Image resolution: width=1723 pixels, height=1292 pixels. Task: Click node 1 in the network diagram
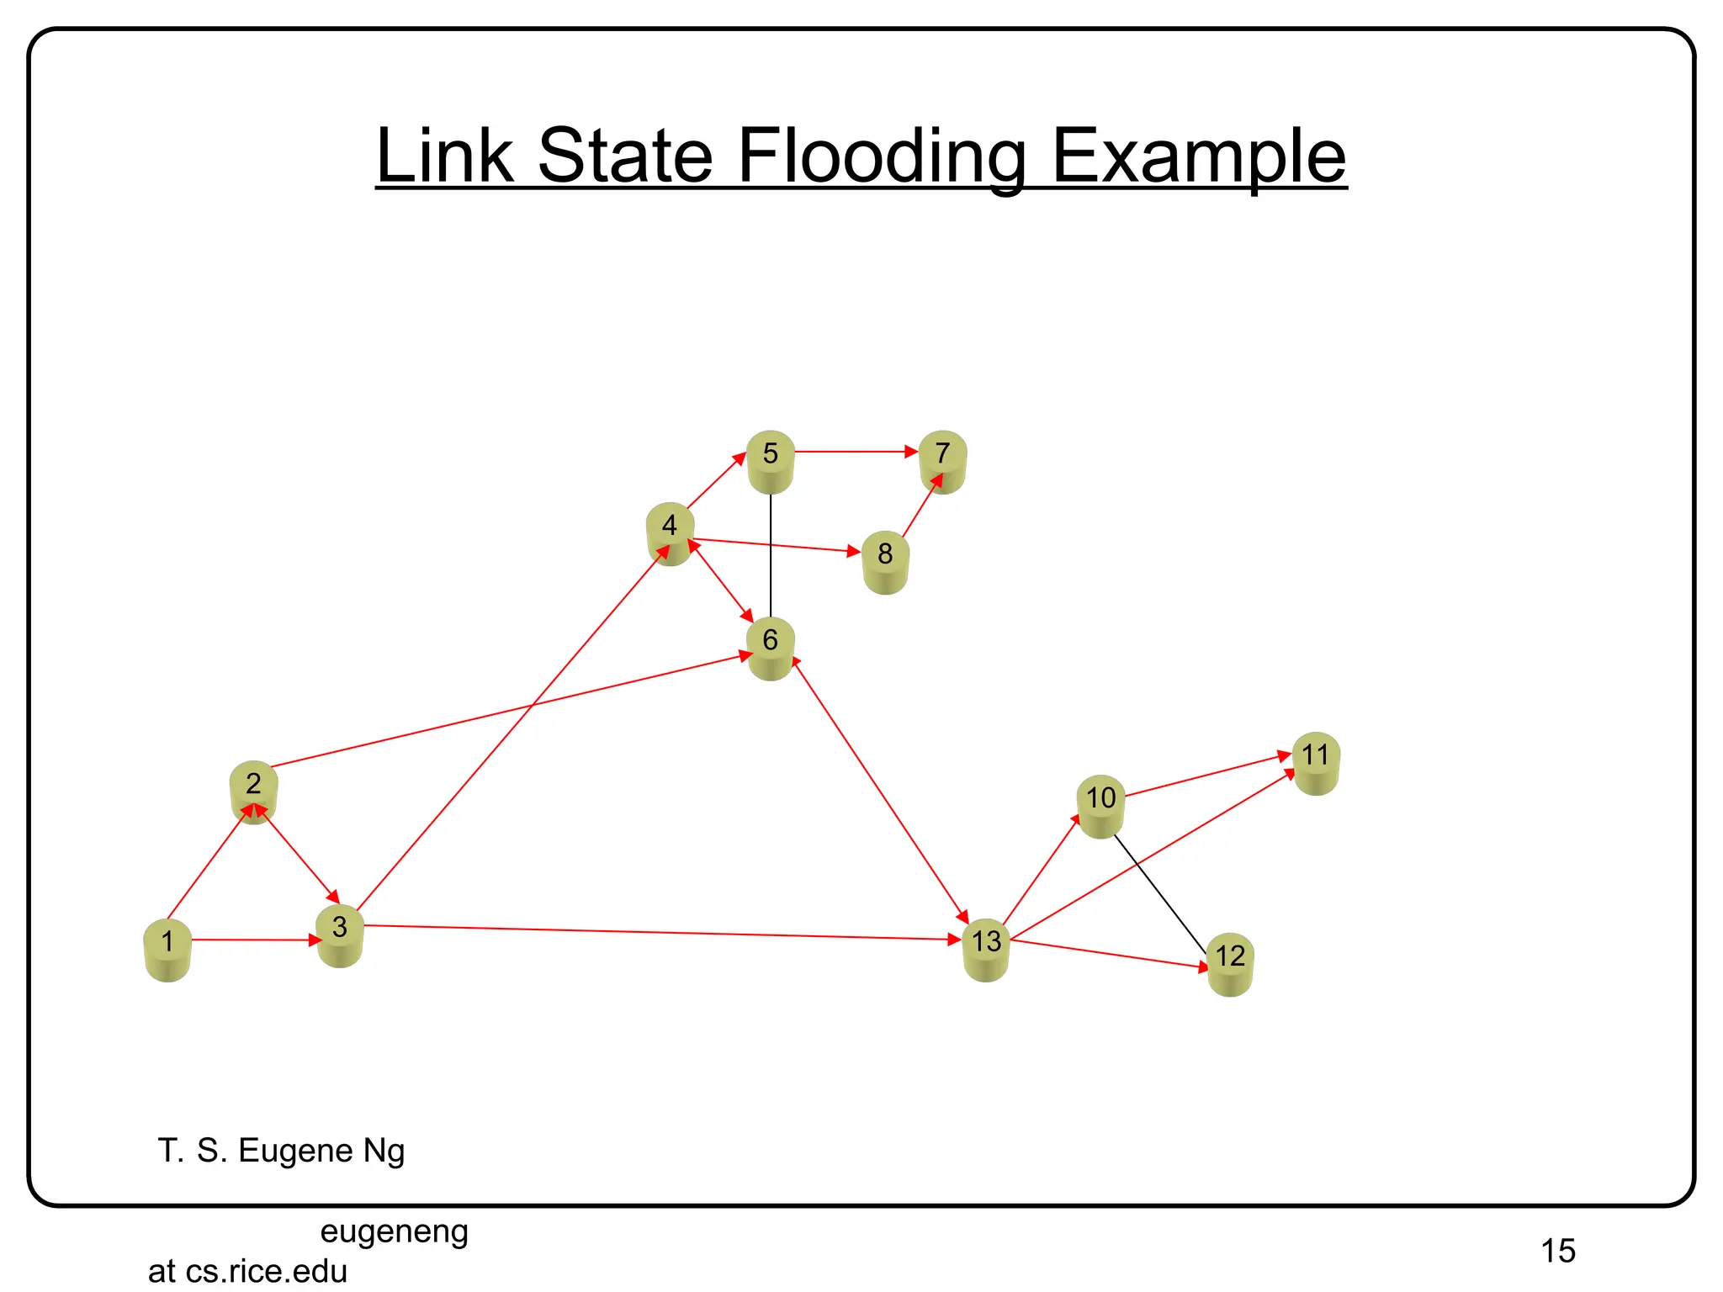[167, 950]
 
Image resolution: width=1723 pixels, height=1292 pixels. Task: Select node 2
[253, 792]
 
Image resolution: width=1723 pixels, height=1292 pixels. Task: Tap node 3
[339, 935]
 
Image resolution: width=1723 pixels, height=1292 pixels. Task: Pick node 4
[670, 533]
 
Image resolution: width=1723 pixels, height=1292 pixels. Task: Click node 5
[770, 462]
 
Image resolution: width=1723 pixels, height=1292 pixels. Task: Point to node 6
[770, 648]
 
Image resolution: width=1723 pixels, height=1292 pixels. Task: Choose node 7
[942, 462]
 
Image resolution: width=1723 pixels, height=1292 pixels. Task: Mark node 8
[885, 562]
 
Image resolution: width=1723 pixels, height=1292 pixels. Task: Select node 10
[1100, 806]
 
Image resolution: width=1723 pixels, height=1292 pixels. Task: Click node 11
[1316, 763]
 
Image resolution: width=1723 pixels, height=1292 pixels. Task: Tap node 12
[1230, 964]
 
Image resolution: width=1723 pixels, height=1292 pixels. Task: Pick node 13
[986, 950]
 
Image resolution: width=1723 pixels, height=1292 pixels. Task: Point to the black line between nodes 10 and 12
[1161, 893]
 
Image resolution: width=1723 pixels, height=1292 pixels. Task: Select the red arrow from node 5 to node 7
[854, 452]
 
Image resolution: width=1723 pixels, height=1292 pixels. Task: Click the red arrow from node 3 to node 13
[656, 933]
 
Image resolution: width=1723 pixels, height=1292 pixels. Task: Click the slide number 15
[1558, 1251]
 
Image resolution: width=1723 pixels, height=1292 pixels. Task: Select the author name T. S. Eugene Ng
[281, 1151]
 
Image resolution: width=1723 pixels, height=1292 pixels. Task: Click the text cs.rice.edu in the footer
[267, 1271]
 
